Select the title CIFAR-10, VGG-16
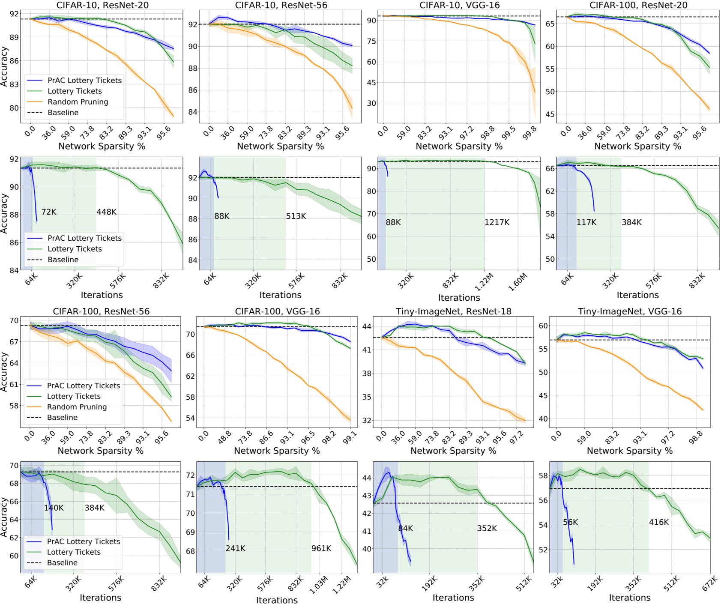(x=459, y=5)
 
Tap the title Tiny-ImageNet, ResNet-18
(x=453, y=311)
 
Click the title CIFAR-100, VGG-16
(x=277, y=311)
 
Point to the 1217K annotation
(x=497, y=222)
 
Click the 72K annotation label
(x=49, y=212)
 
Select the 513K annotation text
(x=296, y=216)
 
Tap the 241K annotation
(x=236, y=548)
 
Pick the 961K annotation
(x=321, y=548)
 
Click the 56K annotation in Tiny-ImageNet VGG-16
(x=570, y=522)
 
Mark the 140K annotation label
(x=54, y=508)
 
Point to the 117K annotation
(x=586, y=222)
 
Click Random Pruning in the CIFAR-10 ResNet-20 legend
(x=78, y=102)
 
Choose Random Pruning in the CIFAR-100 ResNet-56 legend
(x=77, y=407)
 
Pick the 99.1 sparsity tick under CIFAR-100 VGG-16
(x=350, y=438)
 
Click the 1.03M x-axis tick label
(x=319, y=585)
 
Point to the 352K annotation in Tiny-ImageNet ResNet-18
(x=487, y=529)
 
